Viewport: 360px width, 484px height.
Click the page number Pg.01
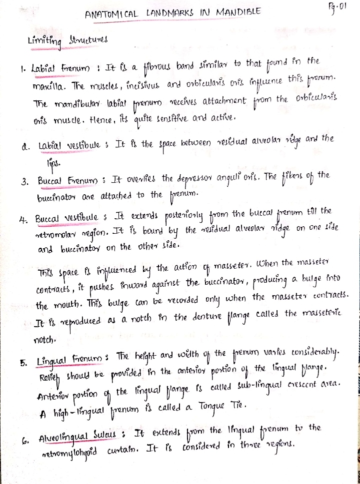(x=335, y=7)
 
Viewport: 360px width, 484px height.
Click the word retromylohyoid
(x=65, y=442)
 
